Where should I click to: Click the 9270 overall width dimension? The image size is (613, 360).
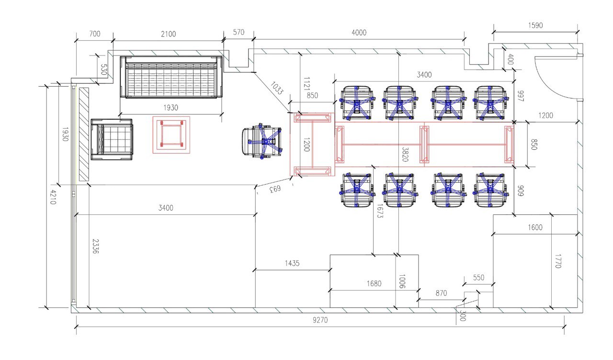click(x=320, y=320)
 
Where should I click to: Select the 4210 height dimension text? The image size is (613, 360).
click(x=53, y=197)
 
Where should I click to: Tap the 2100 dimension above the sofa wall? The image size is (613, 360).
click(x=168, y=34)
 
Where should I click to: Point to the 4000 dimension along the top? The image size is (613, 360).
click(x=359, y=33)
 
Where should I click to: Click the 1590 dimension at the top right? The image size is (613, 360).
click(x=535, y=25)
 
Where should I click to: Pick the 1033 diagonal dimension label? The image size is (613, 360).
click(x=277, y=88)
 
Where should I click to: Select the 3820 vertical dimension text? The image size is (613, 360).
click(x=405, y=154)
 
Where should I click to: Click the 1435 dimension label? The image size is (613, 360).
click(x=292, y=263)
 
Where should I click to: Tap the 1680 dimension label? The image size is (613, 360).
click(x=374, y=283)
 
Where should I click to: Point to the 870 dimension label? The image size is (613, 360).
click(x=441, y=293)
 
